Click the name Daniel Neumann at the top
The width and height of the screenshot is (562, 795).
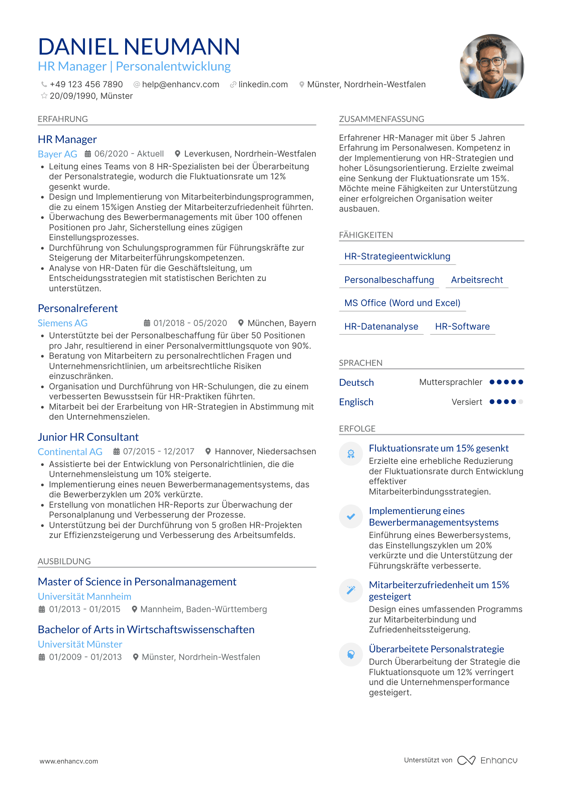click(x=139, y=47)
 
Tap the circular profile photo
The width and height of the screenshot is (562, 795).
click(x=491, y=66)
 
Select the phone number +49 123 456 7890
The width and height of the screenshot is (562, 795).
click(x=86, y=84)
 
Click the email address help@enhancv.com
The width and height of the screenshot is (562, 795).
click(x=181, y=84)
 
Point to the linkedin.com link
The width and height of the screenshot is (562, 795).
click(x=263, y=84)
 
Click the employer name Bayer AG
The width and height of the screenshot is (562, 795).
click(x=57, y=154)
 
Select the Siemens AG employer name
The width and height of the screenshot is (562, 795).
click(x=63, y=323)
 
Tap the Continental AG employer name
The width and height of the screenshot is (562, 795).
click(x=70, y=452)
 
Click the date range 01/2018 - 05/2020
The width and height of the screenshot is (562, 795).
click(x=190, y=323)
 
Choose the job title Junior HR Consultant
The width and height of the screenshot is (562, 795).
click(x=88, y=437)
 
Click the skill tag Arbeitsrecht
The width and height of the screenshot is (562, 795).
click(x=477, y=280)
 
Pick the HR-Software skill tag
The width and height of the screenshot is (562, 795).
click(x=462, y=327)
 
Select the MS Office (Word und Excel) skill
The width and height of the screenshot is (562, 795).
click(x=402, y=303)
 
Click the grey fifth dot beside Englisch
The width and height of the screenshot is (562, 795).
click(x=521, y=402)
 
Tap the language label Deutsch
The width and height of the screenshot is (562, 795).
click(x=356, y=383)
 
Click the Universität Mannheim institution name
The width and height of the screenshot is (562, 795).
click(x=84, y=597)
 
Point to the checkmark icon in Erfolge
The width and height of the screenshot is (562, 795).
click(x=351, y=516)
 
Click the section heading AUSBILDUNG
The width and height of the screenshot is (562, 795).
click(x=64, y=561)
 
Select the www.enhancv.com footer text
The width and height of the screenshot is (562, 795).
click(x=69, y=761)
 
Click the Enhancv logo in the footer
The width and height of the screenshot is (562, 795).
click(x=487, y=760)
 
